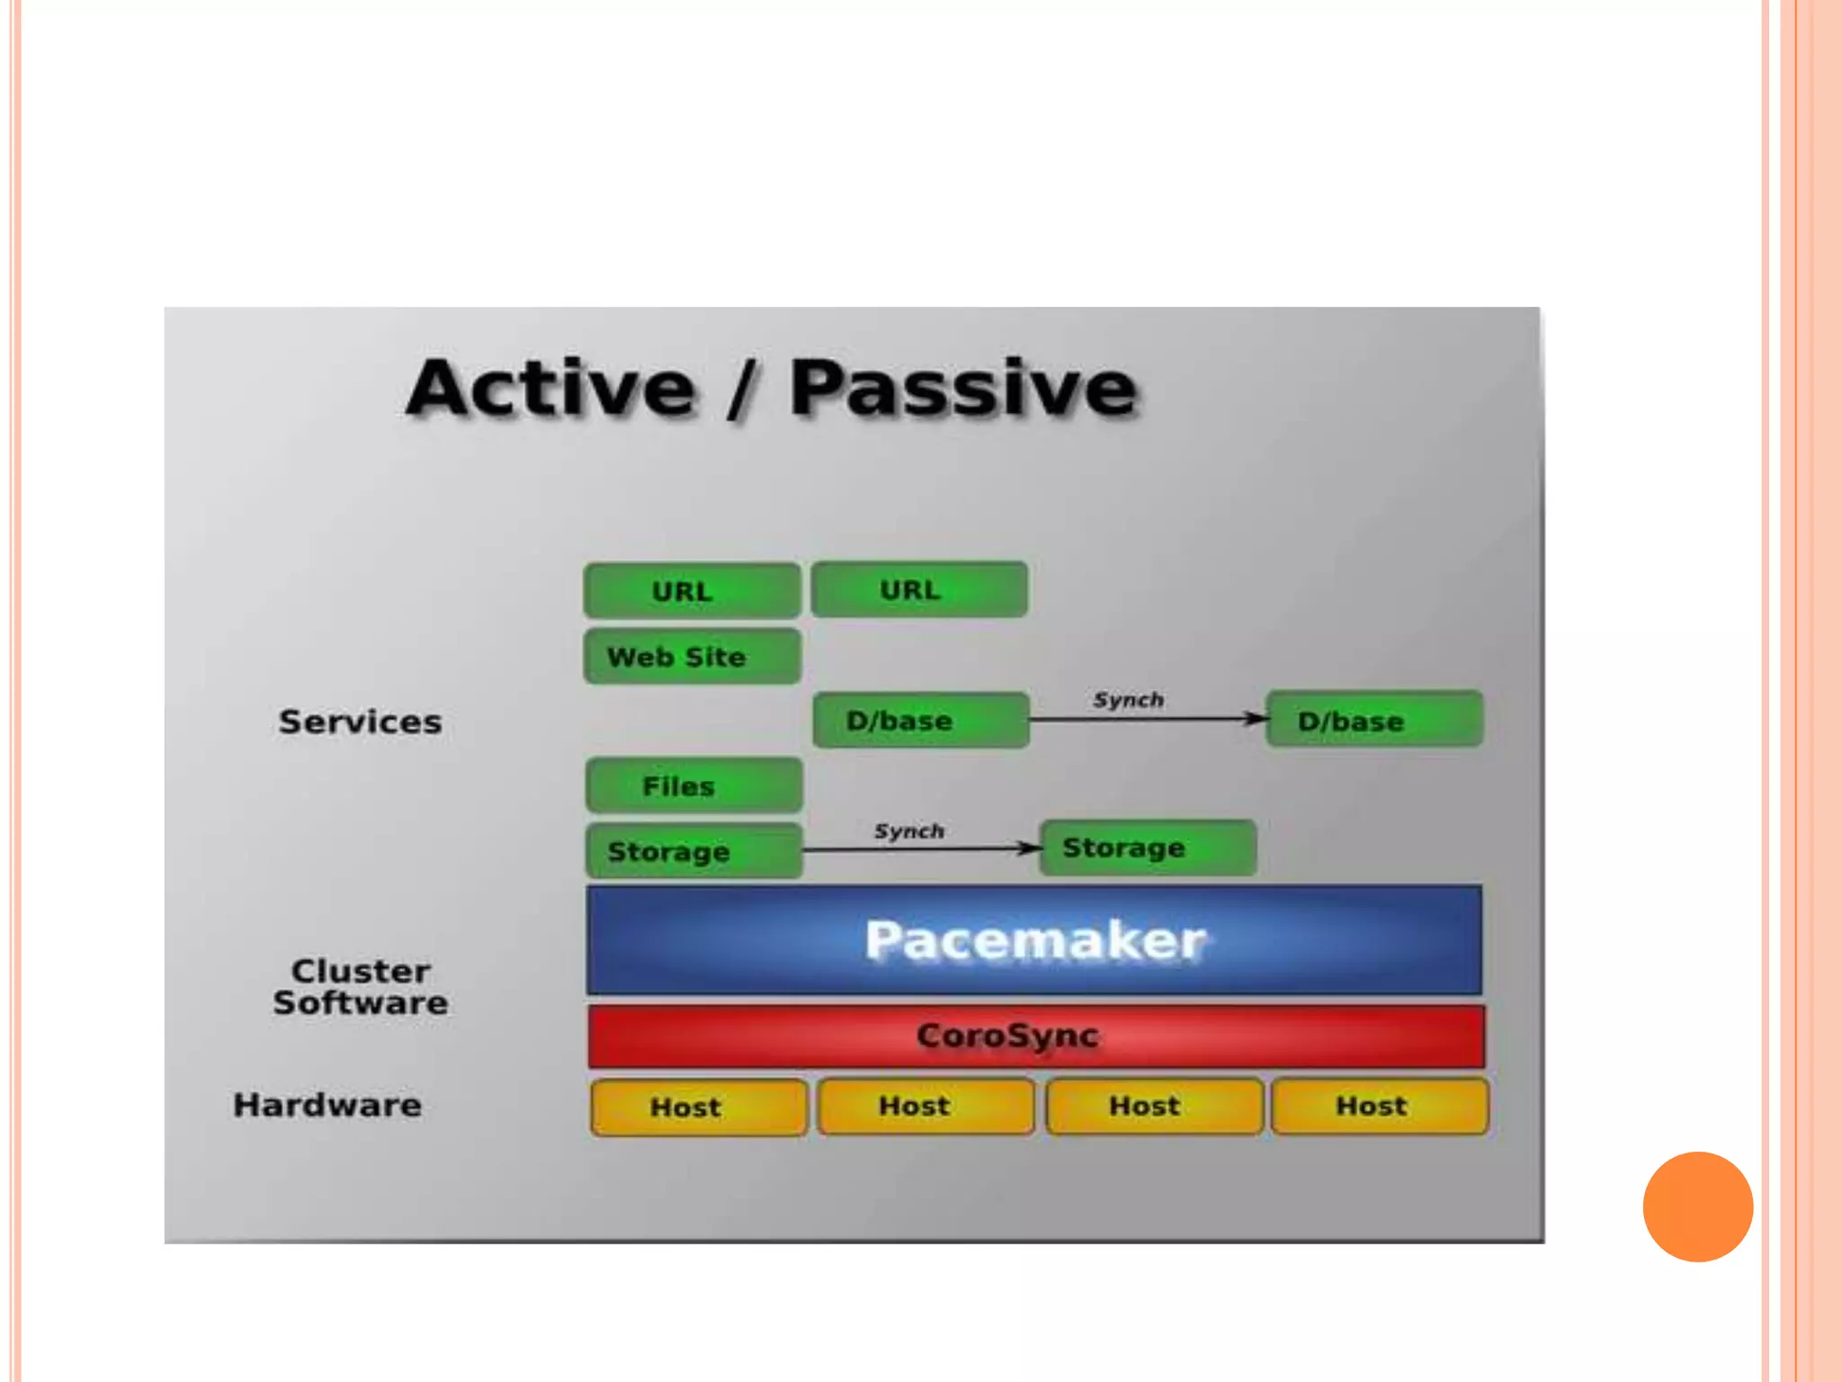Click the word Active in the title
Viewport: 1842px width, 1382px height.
click(x=550, y=389)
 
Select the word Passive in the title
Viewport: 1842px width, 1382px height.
click(x=962, y=389)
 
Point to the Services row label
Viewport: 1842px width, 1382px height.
click(x=360, y=722)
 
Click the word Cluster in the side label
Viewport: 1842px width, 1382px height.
click(x=361, y=971)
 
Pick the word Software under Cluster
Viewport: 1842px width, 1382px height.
click(x=361, y=1003)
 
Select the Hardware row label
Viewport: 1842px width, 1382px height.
click(x=327, y=1105)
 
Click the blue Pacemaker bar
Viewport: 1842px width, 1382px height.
click(x=1034, y=940)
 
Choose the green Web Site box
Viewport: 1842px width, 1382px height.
click(x=692, y=657)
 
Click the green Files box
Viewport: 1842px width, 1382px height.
click(x=693, y=786)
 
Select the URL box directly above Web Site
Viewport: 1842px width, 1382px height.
click(x=692, y=591)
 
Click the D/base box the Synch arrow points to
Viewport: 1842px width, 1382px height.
click(x=1373, y=720)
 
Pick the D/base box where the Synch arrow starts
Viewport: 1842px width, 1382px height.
click(x=920, y=720)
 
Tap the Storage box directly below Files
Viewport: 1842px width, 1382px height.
click(x=693, y=851)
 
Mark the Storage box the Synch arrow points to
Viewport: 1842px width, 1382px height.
click(x=1148, y=848)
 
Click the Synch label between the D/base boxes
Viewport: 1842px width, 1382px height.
click(x=1128, y=700)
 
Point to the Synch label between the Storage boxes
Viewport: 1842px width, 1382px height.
click(x=908, y=831)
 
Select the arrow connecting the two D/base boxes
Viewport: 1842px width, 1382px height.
click(x=1147, y=719)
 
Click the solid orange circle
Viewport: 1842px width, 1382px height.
click(x=1697, y=1207)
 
